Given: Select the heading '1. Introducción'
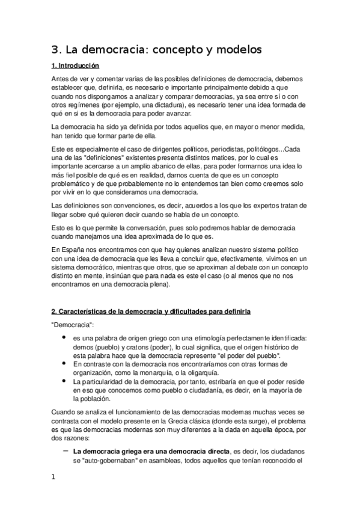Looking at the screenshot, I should [x=75, y=66].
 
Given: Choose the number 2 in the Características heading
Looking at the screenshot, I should [x=53, y=312].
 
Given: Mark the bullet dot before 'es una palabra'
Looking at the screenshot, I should [x=64, y=338].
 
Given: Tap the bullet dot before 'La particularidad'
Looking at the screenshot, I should [x=64, y=381].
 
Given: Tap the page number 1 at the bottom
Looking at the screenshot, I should [x=53, y=478].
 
